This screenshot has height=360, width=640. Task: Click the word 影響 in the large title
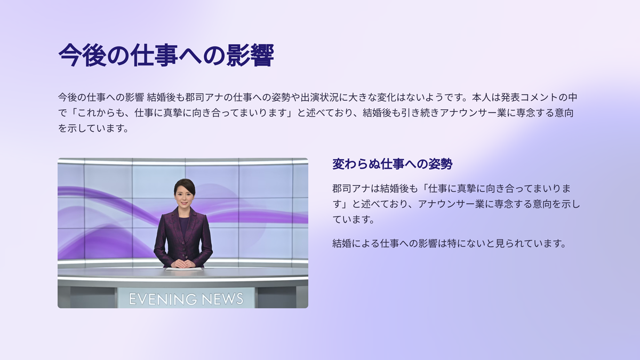[x=250, y=55]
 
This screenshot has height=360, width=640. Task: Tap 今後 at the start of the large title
[x=83, y=55]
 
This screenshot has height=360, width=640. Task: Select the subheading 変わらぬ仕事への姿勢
[x=393, y=164]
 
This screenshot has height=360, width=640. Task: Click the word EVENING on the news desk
[x=162, y=299]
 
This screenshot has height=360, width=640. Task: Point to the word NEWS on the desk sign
[x=222, y=299]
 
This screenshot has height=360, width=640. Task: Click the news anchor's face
[x=184, y=198]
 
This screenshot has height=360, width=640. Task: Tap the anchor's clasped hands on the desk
[x=181, y=263]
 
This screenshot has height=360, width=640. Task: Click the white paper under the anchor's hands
[x=183, y=269]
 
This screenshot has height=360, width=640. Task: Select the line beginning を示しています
[x=94, y=129]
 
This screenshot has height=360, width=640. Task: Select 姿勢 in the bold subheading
[x=441, y=164]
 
